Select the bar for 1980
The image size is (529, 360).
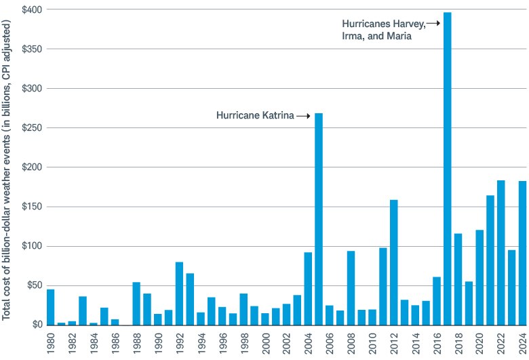click(51, 307)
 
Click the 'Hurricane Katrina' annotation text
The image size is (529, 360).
click(255, 116)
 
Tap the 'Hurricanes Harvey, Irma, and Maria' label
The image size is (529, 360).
click(383, 30)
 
